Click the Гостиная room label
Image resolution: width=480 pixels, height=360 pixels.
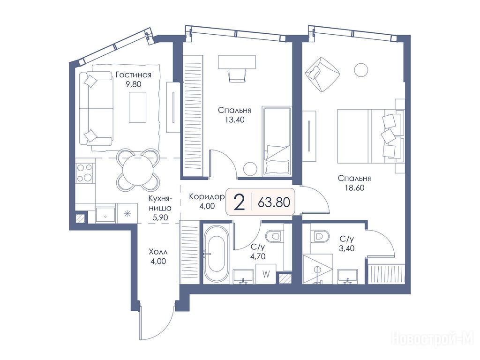(134, 75)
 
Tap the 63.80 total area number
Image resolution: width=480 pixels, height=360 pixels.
(274, 202)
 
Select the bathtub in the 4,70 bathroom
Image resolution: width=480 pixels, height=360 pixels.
(216, 254)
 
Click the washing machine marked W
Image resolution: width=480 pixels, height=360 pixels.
(266, 274)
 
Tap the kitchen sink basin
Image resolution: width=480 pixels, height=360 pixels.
(105, 215)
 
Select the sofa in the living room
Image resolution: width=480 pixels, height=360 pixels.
(96, 108)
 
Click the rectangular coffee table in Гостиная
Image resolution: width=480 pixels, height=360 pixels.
(137, 107)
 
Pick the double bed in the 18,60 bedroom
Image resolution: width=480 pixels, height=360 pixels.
(369, 136)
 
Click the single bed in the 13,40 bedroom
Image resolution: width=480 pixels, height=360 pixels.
(277, 141)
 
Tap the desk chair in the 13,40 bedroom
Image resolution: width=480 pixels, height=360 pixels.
(238, 75)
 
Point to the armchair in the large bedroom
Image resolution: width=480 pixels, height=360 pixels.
(322, 74)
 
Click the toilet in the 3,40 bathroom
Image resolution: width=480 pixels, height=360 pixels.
(320, 236)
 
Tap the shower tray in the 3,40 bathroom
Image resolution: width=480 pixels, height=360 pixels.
(317, 269)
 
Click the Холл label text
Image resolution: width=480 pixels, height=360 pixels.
(158, 252)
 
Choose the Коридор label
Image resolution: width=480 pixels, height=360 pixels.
(207, 196)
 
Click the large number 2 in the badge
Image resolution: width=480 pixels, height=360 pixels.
(239, 202)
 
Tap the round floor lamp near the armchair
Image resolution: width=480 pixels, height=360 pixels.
(361, 70)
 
